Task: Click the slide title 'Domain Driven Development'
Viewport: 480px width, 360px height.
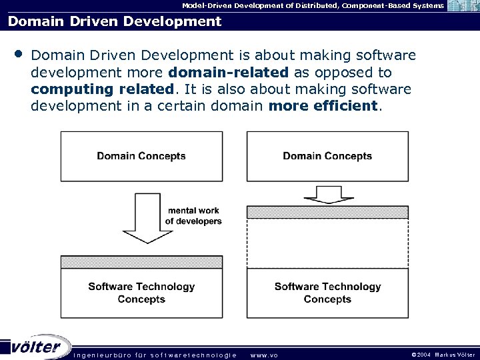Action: click(115, 21)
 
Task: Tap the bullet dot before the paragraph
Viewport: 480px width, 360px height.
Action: click(17, 52)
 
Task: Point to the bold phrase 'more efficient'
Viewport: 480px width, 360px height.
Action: click(323, 107)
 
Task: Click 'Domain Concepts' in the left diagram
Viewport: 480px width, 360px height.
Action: click(141, 156)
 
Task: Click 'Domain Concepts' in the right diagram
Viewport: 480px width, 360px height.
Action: click(327, 156)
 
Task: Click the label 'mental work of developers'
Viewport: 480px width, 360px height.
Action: click(193, 216)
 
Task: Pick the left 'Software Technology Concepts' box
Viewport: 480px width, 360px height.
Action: click(141, 293)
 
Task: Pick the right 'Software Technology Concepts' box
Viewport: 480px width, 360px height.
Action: click(327, 293)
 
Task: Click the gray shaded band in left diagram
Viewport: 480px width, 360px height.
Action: click(141, 262)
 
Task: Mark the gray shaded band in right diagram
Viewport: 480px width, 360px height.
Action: click(327, 212)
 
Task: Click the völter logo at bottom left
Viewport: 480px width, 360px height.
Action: click(37, 347)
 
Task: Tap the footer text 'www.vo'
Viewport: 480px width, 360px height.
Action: click(263, 355)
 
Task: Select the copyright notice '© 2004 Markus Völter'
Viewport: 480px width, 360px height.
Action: click(443, 355)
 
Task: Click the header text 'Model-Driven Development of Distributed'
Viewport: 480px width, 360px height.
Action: click(260, 5)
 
